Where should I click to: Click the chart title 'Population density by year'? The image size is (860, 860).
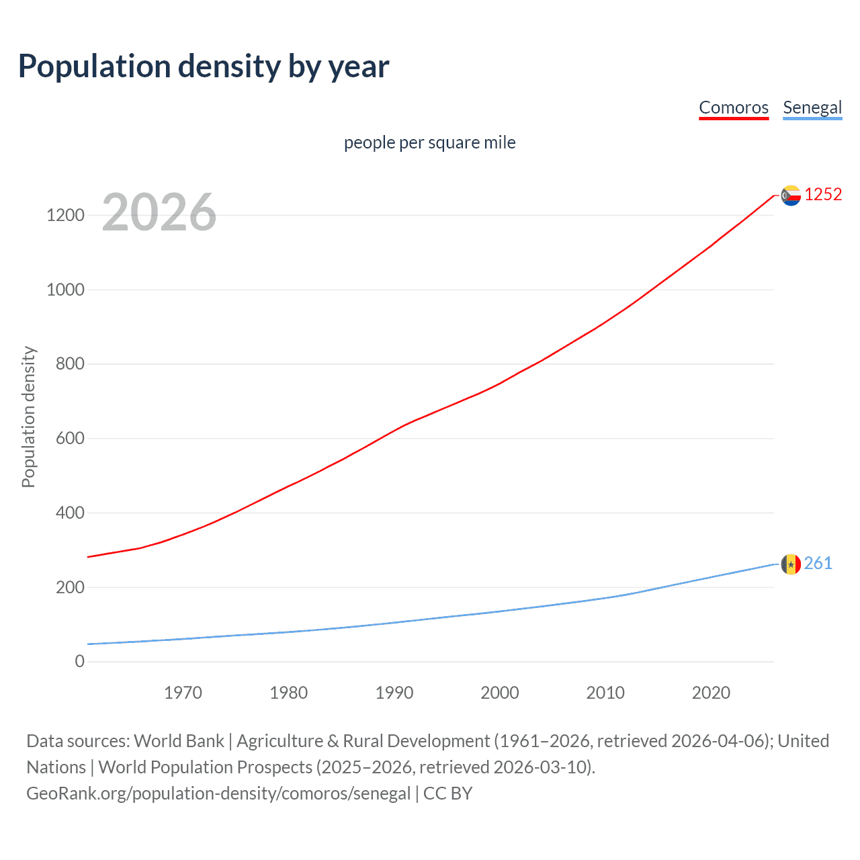pyautogui.click(x=204, y=67)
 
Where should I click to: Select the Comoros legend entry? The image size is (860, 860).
pyautogui.click(x=733, y=107)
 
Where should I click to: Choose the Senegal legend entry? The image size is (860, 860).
pyautogui.click(x=812, y=107)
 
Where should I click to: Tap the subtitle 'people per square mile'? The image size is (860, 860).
pyautogui.click(x=429, y=142)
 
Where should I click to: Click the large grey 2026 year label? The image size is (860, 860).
pyautogui.click(x=159, y=212)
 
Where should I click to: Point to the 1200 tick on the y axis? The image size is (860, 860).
pyautogui.click(x=65, y=216)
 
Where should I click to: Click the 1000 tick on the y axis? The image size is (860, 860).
pyautogui.click(x=65, y=290)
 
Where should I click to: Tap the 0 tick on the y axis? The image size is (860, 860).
pyautogui.click(x=80, y=661)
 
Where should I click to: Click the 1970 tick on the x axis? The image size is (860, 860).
pyautogui.click(x=183, y=693)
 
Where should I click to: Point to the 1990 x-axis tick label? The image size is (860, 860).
pyautogui.click(x=394, y=693)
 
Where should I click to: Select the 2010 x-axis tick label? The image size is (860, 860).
pyautogui.click(x=605, y=693)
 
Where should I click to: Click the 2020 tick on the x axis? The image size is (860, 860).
pyautogui.click(x=711, y=693)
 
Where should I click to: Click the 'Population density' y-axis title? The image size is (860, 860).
pyautogui.click(x=28, y=417)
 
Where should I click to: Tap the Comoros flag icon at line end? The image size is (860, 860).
pyautogui.click(x=791, y=196)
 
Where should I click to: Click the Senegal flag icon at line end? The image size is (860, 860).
pyautogui.click(x=791, y=564)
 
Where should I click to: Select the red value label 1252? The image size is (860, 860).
pyautogui.click(x=823, y=194)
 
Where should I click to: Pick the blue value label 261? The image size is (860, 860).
pyautogui.click(x=818, y=563)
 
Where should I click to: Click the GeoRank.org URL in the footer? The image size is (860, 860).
pyautogui.click(x=218, y=793)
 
